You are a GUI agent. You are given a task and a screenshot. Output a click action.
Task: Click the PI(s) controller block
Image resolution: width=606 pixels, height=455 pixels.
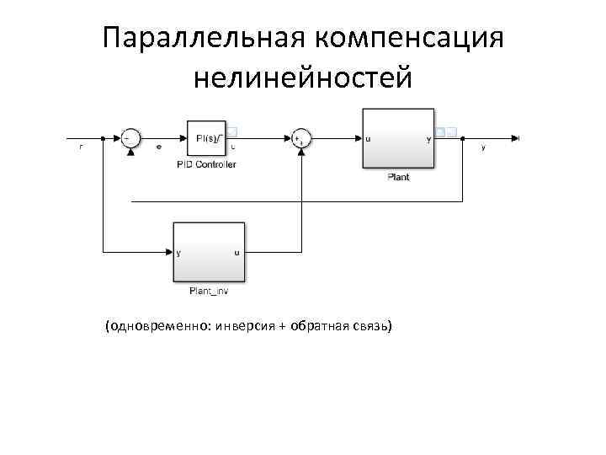(x=208, y=138)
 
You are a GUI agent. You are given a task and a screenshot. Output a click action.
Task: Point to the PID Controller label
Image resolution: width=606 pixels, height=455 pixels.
(x=207, y=164)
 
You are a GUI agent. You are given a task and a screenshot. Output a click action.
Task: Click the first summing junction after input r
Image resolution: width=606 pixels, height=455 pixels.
(x=129, y=138)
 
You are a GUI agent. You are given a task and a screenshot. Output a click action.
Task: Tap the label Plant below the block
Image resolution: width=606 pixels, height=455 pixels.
(x=398, y=177)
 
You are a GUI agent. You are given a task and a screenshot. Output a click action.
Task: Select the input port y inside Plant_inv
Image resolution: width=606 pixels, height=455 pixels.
(x=180, y=252)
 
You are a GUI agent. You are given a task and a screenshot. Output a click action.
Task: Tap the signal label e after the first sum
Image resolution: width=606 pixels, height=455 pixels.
(x=159, y=147)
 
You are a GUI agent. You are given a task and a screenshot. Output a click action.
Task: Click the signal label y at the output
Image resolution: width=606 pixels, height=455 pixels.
(x=482, y=147)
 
